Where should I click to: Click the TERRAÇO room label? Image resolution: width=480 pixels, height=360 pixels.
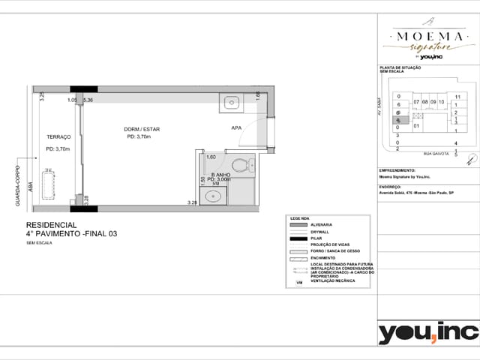[58, 137]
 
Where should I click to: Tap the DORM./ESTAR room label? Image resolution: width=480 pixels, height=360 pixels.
[142, 129]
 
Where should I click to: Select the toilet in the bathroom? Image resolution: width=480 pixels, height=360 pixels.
[240, 164]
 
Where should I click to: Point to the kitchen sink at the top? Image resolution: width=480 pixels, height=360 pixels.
[231, 101]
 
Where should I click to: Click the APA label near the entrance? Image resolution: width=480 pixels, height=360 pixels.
[236, 128]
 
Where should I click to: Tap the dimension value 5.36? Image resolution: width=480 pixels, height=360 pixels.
[88, 100]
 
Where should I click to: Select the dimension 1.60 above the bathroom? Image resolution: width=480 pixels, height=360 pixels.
[211, 157]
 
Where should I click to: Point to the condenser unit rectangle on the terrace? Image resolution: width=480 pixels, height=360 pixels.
[50, 184]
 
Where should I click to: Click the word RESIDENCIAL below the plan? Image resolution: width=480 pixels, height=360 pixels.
[51, 225]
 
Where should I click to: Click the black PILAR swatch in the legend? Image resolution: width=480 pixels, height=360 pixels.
[297, 238]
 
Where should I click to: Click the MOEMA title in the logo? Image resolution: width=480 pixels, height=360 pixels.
[428, 35]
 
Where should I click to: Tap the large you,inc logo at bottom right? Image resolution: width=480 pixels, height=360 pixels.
[427, 332]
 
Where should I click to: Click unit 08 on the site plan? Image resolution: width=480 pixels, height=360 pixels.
[424, 102]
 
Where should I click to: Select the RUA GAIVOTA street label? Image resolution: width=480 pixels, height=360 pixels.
[436, 154]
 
